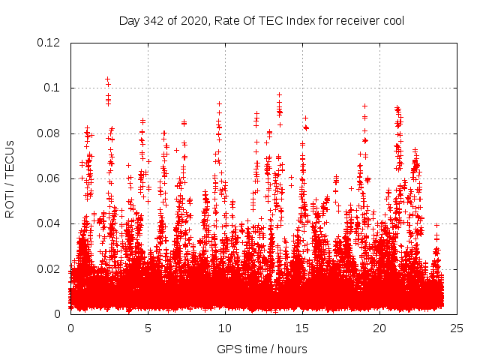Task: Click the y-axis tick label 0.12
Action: pos(50,43)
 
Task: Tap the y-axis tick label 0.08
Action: pos(50,133)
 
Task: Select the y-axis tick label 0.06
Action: pos(50,178)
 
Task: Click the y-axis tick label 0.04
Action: pos(50,223)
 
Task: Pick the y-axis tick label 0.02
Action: pos(50,268)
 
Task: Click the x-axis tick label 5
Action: pos(148,328)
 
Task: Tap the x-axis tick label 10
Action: pos(225,328)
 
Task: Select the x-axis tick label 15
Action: pos(302,328)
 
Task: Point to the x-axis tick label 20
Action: pos(379,328)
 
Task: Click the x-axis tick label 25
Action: pos(457,328)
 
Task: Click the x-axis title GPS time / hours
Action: pos(262,349)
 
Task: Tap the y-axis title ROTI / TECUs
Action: pos(10,178)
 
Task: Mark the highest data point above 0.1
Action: pos(107,78)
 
